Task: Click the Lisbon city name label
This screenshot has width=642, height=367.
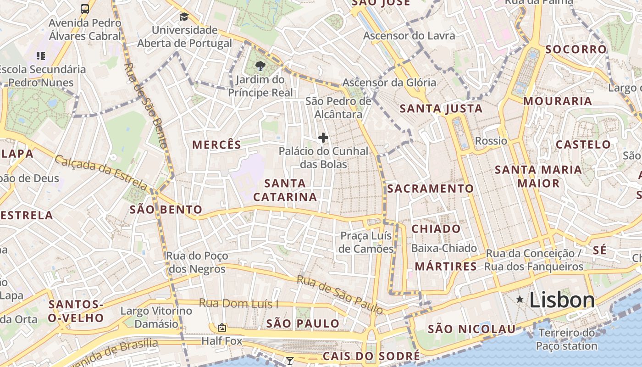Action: pos(562,300)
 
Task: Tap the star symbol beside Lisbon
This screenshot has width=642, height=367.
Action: pos(520,300)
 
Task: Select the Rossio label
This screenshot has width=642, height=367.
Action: pos(491,141)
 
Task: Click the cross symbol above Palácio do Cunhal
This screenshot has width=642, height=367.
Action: pos(323,137)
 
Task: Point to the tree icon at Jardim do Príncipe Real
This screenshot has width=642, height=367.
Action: pos(260,66)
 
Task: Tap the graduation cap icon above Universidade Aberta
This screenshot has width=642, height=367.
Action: pos(184,17)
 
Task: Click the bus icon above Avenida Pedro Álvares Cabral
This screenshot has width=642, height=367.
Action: pos(85,9)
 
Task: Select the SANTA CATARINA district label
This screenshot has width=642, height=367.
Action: pos(285,190)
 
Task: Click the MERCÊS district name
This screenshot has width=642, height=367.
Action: pos(216,145)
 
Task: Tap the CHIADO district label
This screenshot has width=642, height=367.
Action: pos(436,228)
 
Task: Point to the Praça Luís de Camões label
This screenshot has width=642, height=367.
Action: pos(366,242)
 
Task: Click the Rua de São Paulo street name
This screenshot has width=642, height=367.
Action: pos(340,295)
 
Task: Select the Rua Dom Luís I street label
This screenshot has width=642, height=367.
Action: pos(238,304)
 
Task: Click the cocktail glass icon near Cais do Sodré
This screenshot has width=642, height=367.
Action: pos(289,361)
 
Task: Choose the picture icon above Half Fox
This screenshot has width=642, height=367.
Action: pos(222,327)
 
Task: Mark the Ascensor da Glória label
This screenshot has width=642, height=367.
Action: pos(389,83)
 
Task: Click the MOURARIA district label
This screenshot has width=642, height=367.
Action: pos(558,101)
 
